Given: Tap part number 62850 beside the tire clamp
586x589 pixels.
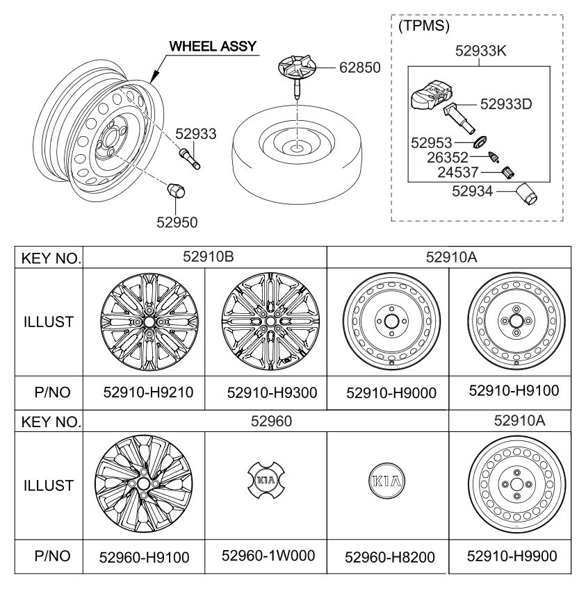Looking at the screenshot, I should click(360, 69).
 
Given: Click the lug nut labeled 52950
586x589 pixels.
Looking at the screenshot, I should click(177, 188).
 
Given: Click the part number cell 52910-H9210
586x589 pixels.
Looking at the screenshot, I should click(144, 392).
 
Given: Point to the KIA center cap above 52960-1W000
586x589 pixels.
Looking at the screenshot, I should click(266, 480).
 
